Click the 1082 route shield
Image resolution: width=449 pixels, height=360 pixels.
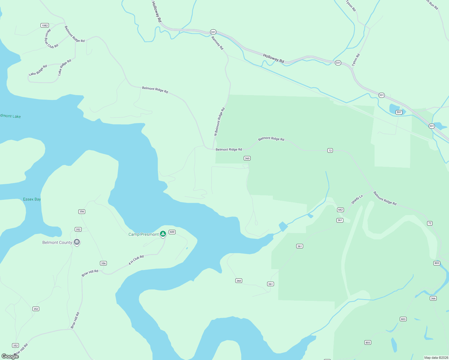[45, 25]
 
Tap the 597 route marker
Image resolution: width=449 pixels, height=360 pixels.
[399, 112]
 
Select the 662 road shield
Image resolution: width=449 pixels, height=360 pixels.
[340, 210]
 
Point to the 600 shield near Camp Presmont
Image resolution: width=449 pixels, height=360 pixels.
[172, 232]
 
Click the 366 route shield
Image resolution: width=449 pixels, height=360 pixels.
[433, 298]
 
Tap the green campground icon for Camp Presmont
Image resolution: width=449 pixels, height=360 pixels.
[163, 234]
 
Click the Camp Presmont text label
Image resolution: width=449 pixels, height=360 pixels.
[143, 235]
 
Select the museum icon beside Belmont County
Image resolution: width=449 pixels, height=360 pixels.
[77, 242]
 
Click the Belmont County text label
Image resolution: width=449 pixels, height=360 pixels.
[57, 242]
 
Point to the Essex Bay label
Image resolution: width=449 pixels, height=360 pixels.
[32, 199]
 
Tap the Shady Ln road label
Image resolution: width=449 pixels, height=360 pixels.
[357, 199]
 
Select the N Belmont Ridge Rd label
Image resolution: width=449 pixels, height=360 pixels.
[219, 122]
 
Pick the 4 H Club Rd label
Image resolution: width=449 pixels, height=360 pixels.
[136, 260]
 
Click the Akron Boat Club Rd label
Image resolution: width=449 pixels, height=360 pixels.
[51, 39]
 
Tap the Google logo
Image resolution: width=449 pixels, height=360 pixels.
[10, 356]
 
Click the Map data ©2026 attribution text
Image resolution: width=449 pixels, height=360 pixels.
[436, 358]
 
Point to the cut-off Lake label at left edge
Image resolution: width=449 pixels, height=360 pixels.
[11, 116]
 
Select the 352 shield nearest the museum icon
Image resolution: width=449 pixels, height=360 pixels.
[78, 229]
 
